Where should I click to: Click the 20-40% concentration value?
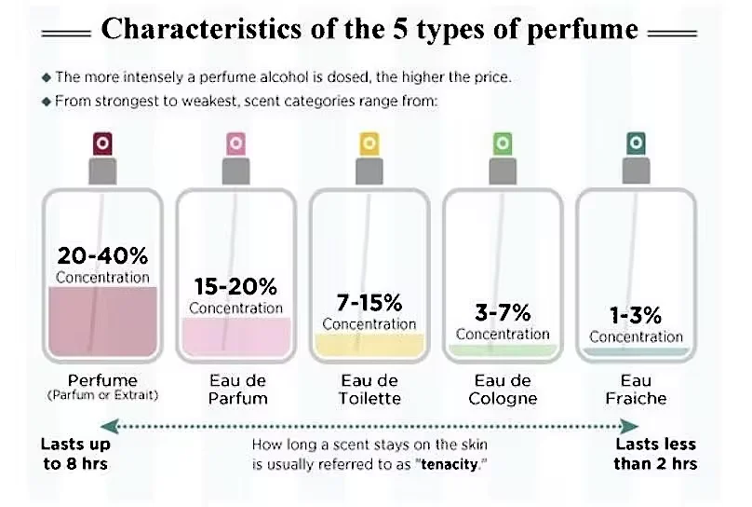(x=102, y=255)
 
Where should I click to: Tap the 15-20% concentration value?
(x=235, y=286)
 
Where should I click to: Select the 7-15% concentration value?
(x=369, y=303)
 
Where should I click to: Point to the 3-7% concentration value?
(x=503, y=312)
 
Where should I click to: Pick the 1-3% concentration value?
(x=636, y=315)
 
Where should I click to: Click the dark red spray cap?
(x=102, y=143)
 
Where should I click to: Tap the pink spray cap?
(x=235, y=143)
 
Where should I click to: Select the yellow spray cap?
(x=369, y=143)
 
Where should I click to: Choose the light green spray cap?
(x=503, y=143)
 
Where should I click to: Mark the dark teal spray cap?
(x=636, y=143)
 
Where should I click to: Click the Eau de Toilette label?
(x=369, y=390)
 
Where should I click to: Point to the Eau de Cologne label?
(x=503, y=390)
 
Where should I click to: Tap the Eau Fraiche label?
(x=636, y=390)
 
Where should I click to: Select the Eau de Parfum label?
(x=235, y=390)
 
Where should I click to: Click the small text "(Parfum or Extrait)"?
(x=102, y=395)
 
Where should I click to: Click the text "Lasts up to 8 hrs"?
(x=75, y=454)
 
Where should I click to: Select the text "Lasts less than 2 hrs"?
(x=655, y=454)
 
